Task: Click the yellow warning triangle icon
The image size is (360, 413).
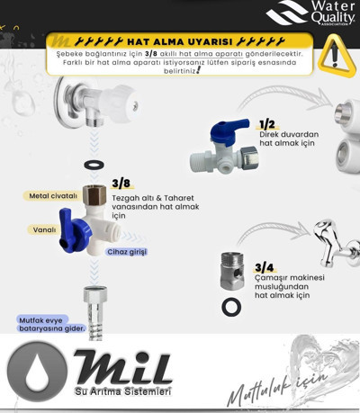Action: click(337, 56)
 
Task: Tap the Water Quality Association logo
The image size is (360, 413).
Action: click(311, 13)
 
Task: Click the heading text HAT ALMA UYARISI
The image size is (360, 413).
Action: click(179, 41)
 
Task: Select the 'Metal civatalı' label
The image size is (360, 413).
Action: click(53, 196)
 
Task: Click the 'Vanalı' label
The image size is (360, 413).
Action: click(44, 230)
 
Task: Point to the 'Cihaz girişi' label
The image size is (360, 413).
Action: click(127, 252)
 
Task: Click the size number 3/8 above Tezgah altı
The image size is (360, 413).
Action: click(121, 183)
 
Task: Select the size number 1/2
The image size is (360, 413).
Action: click(266, 124)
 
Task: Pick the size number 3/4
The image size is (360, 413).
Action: click(264, 267)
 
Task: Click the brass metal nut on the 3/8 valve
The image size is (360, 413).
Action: click(94, 195)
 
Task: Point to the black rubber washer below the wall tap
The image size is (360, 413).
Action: click(94, 165)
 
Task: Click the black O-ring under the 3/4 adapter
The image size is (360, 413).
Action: click(231, 307)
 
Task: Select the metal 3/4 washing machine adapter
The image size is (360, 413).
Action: click(232, 271)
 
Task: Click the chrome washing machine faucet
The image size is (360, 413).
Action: click(336, 243)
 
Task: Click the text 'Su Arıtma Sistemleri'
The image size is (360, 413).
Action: click(123, 391)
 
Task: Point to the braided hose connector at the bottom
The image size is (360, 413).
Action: click(95, 313)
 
